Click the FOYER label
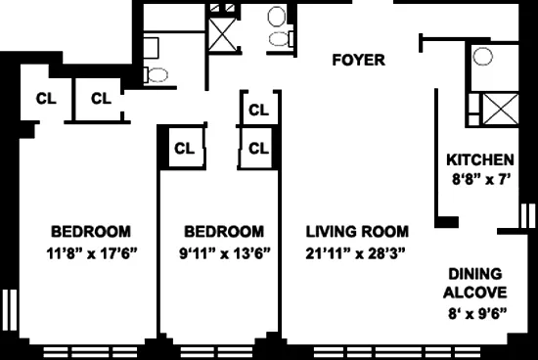(358, 61)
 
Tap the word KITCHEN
(479, 160)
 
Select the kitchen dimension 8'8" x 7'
(479, 179)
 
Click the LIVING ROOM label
(357, 233)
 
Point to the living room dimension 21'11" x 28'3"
(357, 252)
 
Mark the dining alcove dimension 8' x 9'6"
(478, 314)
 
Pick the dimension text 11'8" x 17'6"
(91, 252)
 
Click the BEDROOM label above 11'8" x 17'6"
(91, 233)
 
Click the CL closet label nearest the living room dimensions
(258, 149)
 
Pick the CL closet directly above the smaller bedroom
(182, 149)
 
